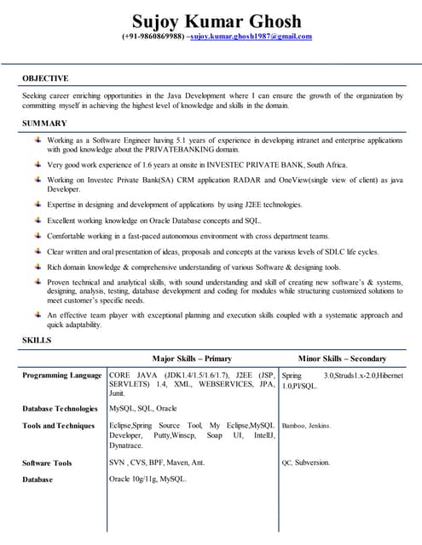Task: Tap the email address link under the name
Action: (x=251, y=37)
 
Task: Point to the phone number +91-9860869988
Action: (x=152, y=37)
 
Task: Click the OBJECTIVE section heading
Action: (x=45, y=78)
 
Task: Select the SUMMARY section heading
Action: (x=43, y=124)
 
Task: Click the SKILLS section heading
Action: (x=37, y=341)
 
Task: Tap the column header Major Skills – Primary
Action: (x=192, y=359)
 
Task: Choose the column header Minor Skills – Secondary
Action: (x=342, y=359)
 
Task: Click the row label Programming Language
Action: (x=62, y=375)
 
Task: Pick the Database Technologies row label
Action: (x=61, y=409)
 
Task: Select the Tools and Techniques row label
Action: (x=59, y=426)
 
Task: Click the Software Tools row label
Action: (x=48, y=463)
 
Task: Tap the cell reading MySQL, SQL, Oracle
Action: (x=143, y=409)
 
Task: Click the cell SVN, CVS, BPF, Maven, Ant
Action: (x=157, y=463)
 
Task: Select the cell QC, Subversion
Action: (x=305, y=463)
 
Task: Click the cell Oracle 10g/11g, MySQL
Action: (x=148, y=479)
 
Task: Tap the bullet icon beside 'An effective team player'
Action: (x=38, y=314)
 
